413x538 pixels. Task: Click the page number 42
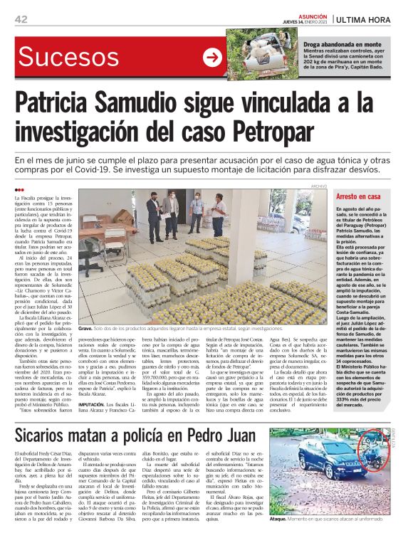[x=21, y=19]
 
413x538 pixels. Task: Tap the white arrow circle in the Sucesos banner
[x=212, y=57]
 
